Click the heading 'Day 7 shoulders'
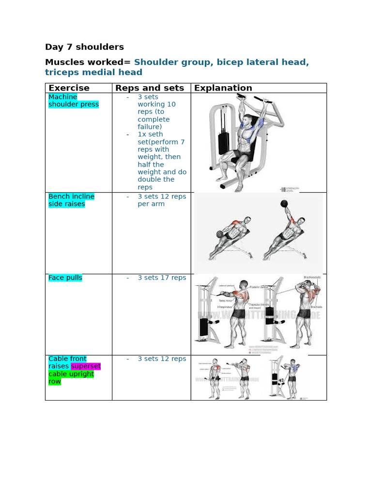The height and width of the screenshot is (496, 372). pos(84,47)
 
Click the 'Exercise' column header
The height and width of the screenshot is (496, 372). pos(69,88)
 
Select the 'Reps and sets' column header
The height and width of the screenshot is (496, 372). pos(149,88)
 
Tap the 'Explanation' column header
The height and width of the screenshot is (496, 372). pos(223,88)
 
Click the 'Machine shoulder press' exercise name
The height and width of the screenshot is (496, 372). pos(73,101)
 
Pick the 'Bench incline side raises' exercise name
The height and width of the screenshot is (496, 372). pos(71,200)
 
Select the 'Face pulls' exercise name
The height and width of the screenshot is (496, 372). pos(65,278)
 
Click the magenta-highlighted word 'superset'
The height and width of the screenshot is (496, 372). pos(86,366)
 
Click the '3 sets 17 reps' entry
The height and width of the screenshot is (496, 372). pos(161,278)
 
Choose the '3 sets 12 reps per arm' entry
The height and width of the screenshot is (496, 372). pos(161,200)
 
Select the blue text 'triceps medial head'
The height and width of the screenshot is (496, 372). pos(93,73)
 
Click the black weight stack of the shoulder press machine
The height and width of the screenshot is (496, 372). pos(223,143)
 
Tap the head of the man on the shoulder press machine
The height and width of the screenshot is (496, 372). pos(248,120)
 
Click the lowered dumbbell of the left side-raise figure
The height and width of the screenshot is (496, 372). pos(220,234)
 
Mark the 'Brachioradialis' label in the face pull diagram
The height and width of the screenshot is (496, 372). pos(313,277)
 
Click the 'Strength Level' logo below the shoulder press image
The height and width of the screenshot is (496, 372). pos(290,189)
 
